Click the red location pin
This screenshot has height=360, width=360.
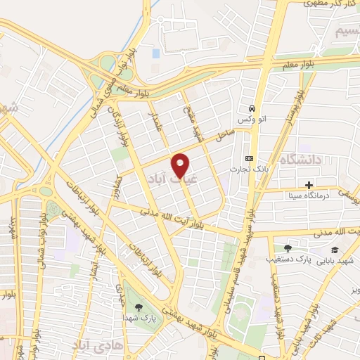pyautogui.click(x=181, y=165)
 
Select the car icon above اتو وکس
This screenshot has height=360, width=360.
pyautogui.click(x=252, y=108)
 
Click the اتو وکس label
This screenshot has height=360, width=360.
pyautogui.click(x=252, y=121)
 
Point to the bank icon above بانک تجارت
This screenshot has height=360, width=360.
pyautogui.click(x=248, y=158)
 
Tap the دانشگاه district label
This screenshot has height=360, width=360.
pyautogui.click(x=300, y=160)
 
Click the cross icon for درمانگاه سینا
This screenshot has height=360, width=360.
pyautogui.click(x=309, y=184)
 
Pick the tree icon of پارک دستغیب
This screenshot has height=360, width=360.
pyautogui.click(x=287, y=247)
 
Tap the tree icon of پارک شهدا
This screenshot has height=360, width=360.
pyautogui.click(x=139, y=307)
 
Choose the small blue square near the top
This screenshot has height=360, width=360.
pyautogui.click(x=155, y=53)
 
